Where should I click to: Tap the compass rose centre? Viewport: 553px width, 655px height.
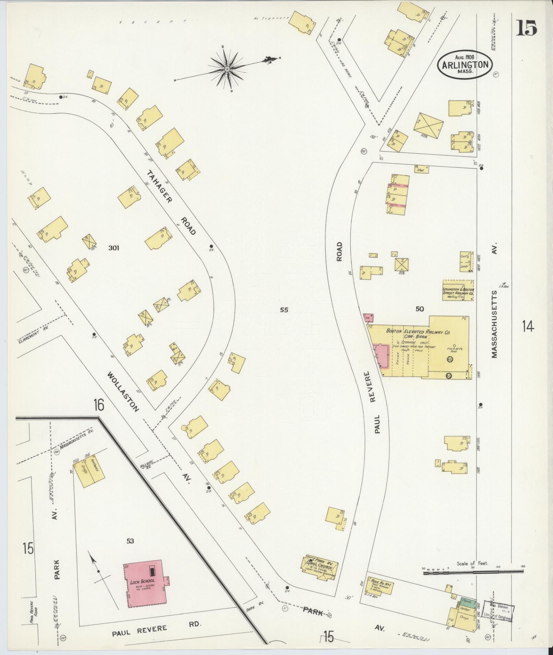[x=227, y=70]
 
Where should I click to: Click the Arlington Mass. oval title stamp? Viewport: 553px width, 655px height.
[x=465, y=65]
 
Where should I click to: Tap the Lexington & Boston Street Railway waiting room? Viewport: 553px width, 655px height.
[x=458, y=291]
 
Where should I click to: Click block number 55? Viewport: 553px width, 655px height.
[x=284, y=310]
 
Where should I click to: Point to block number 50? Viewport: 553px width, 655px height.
[x=420, y=309]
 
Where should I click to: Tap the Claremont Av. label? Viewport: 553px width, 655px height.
[x=34, y=336]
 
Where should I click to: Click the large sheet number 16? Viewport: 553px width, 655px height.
[x=98, y=405]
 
